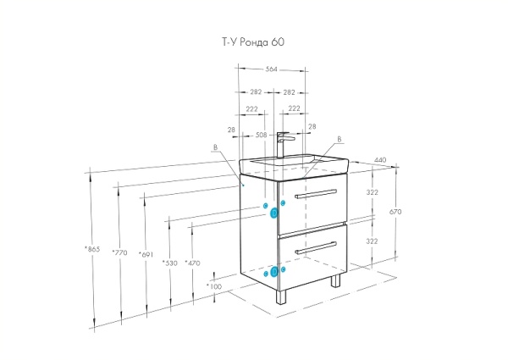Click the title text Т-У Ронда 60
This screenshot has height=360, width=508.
click(x=253, y=42)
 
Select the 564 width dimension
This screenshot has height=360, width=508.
click(x=272, y=69)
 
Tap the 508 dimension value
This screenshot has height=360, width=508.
click(x=261, y=135)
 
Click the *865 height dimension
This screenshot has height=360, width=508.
click(x=92, y=249)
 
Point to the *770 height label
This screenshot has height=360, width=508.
click(x=119, y=252)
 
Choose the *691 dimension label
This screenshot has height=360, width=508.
click(x=146, y=254)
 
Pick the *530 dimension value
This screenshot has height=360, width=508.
click(x=170, y=263)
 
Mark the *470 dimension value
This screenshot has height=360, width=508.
click(x=192, y=263)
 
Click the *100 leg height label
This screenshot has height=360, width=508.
click(x=214, y=286)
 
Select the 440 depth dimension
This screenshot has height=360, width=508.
click(x=380, y=160)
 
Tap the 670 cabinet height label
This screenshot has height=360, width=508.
click(x=395, y=212)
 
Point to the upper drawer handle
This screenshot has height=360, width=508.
click(x=316, y=193)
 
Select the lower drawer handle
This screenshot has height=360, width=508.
click(x=316, y=248)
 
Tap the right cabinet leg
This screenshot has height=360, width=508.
click(x=335, y=280)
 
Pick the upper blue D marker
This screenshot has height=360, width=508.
click(x=274, y=213)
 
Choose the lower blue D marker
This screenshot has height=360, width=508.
click(x=274, y=272)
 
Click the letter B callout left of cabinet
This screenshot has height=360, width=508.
click(x=215, y=147)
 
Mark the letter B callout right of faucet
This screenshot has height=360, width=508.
click(x=340, y=139)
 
